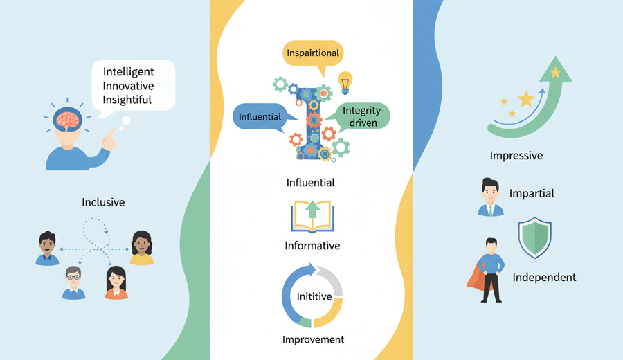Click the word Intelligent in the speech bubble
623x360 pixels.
click(128, 72)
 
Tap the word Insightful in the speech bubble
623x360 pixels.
click(127, 100)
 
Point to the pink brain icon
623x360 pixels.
click(68, 119)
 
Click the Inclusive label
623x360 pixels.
click(103, 202)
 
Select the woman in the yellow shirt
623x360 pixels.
click(142, 248)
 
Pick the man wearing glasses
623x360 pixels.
click(73, 282)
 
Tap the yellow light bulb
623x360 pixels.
click(345, 82)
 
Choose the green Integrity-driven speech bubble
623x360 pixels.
click(361, 116)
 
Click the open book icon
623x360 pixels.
click(312, 217)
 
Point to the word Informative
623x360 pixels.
click(312, 246)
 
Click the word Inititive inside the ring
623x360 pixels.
click(314, 296)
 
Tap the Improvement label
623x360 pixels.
click(313, 339)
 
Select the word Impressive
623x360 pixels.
click(516, 155)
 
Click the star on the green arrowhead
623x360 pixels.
click(555, 72)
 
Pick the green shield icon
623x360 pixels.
click(535, 237)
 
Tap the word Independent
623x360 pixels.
click(544, 278)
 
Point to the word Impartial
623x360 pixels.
click(532, 194)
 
